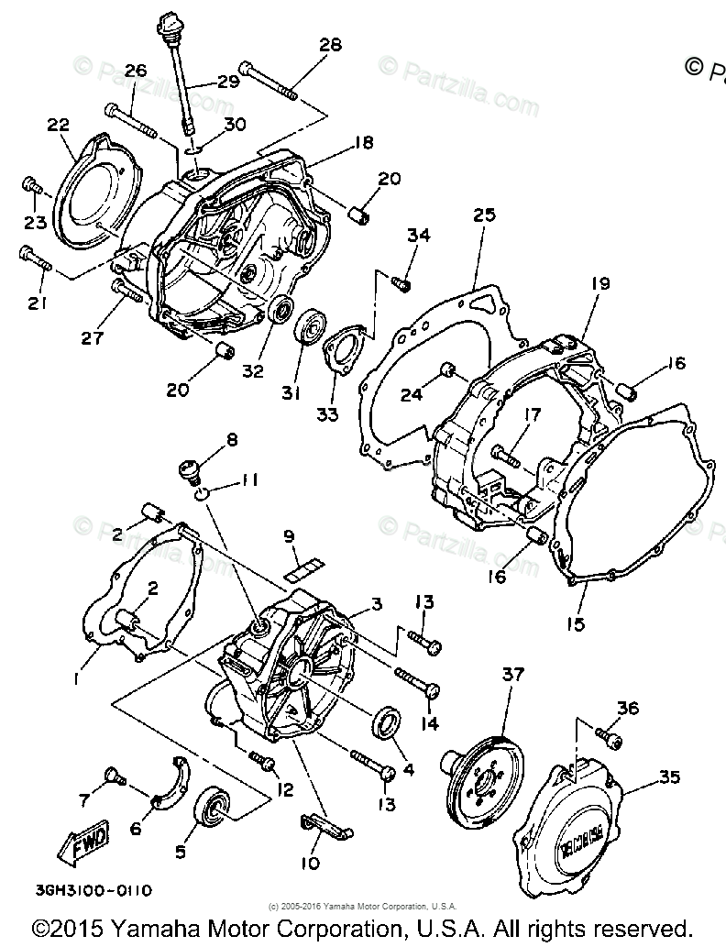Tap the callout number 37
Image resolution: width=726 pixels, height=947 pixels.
[512, 676]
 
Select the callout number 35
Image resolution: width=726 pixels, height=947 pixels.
[669, 777]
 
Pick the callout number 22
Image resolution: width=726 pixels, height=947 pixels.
[59, 126]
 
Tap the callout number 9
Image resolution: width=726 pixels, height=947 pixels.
[288, 536]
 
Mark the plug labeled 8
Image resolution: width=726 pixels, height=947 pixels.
[191, 470]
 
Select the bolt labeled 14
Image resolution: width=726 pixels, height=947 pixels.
[418, 682]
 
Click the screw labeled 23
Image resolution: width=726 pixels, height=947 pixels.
[32, 186]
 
